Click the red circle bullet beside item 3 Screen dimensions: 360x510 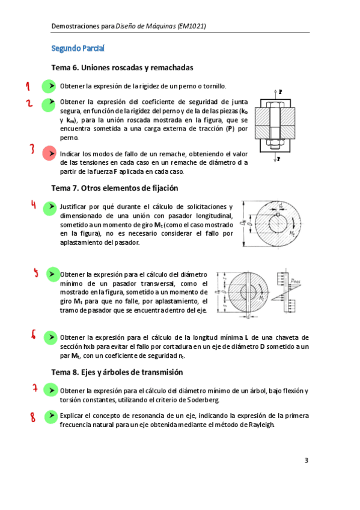49,153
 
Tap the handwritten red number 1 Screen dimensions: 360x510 28,86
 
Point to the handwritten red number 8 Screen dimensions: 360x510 33,417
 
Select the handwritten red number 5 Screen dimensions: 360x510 35,272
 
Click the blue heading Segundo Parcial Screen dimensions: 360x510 78,49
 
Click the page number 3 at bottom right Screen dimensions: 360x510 306,460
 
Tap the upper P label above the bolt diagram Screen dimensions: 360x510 281,92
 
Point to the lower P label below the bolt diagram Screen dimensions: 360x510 278,159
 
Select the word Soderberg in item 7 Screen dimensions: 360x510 203,400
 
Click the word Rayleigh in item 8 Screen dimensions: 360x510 261,425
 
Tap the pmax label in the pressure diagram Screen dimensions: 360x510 295,281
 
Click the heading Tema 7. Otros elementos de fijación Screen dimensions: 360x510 115,188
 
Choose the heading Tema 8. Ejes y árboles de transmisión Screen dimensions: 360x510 117,372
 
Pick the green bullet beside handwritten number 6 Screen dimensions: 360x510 50,337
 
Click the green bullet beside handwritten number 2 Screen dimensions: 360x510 49,105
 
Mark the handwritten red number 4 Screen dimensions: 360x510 34,204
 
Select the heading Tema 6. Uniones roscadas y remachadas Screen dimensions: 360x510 122,67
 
